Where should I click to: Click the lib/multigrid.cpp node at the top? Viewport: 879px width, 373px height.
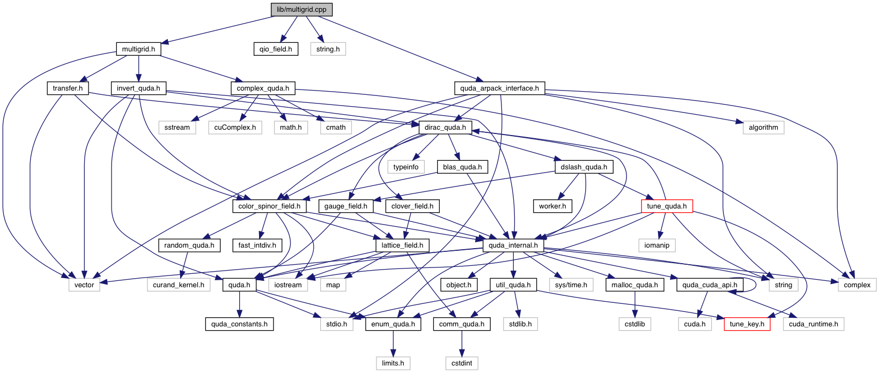point(301,10)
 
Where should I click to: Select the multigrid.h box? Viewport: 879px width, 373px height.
point(138,49)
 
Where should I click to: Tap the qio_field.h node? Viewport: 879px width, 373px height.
point(276,49)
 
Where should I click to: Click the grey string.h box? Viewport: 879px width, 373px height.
point(328,49)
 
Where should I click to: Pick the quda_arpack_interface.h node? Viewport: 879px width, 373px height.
point(499,88)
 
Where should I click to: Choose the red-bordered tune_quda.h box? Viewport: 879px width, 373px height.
point(667,206)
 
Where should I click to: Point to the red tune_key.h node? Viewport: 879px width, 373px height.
point(747,324)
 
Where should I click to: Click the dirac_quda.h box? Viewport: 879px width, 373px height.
point(445,128)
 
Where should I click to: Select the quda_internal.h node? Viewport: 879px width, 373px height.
point(513,245)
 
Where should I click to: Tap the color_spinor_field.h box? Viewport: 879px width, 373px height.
point(269,206)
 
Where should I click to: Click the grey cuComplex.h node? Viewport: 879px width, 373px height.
point(235,128)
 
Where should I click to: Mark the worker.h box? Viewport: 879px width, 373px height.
point(552,206)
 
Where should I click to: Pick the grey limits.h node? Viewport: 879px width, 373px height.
point(393,363)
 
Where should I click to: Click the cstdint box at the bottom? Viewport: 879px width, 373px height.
point(462,363)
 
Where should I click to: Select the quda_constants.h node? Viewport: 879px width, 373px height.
point(239,324)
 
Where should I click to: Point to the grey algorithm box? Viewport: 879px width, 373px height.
point(763,128)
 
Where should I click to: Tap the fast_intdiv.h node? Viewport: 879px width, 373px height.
point(257,245)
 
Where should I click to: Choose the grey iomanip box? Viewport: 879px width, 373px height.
point(657,245)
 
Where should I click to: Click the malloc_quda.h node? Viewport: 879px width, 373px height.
point(634,285)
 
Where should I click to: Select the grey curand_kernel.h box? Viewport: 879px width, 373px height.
point(179,285)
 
